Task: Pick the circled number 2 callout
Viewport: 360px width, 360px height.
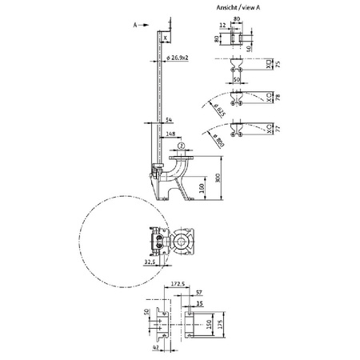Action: (x=182, y=146)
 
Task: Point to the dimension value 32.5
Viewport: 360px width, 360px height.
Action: (x=150, y=261)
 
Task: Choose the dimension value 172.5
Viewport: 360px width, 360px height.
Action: (x=178, y=283)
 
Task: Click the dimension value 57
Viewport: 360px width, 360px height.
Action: (x=198, y=294)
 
